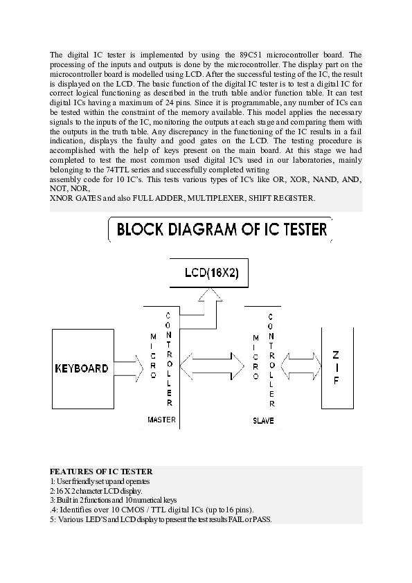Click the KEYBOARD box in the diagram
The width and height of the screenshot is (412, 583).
[82, 368]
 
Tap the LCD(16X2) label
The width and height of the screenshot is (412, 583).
[213, 273]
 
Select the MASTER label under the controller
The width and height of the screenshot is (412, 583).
[162, 420]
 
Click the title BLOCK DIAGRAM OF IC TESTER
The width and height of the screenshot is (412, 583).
[220, 230]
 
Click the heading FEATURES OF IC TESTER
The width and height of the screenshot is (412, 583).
[101, 472]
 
